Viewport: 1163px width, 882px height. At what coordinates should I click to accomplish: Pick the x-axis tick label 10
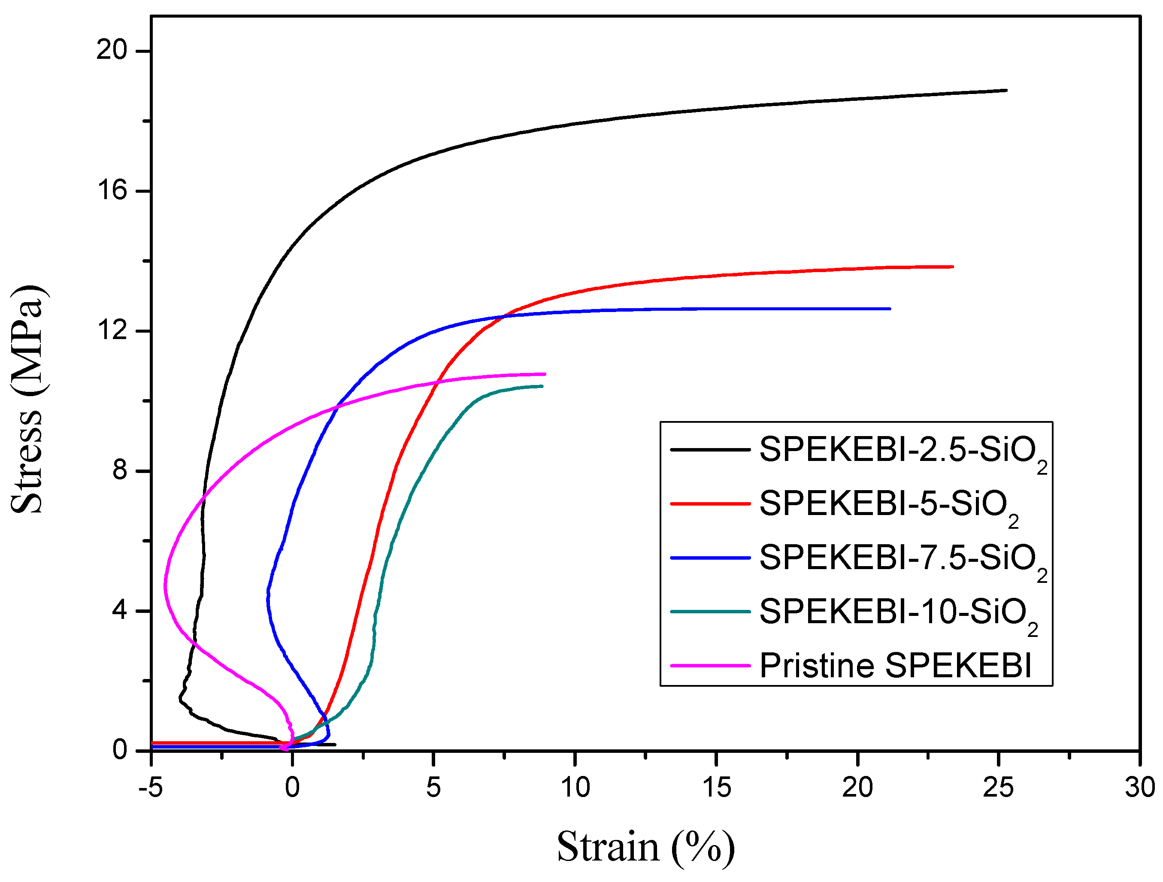coord(575,787)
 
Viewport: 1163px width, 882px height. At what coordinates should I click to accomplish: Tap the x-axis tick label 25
coord(998,787)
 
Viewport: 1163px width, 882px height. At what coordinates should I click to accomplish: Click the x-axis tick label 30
coord(1139,787)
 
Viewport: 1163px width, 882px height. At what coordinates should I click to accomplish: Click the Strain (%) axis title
coord(645,847)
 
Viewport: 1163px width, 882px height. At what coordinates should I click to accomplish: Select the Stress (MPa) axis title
coord(27,400)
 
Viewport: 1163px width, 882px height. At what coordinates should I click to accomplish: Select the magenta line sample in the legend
coord(710,666)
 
